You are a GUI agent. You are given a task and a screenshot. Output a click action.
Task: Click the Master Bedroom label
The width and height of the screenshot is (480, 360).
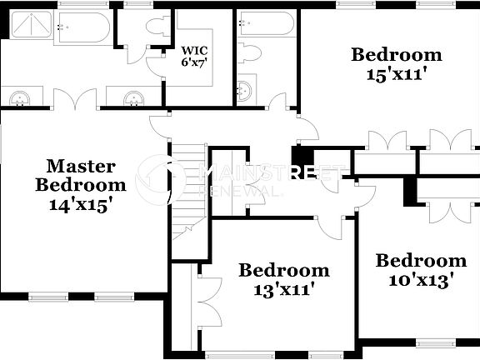coord(81,175)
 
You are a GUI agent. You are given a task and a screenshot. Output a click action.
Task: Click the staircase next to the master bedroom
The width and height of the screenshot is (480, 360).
coord(188,192)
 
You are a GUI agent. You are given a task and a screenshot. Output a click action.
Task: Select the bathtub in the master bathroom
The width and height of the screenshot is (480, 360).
coord(82,28)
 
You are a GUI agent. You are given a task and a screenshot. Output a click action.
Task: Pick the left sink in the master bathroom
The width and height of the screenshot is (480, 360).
coord(19,99)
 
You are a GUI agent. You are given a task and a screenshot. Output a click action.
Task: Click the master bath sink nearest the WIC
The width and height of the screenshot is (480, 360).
coord(133,99)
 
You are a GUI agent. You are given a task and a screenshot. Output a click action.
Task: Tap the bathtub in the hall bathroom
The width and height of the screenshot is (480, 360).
coord(264,23)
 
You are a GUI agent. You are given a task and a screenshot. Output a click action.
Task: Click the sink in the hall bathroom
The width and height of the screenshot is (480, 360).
coord(245,90)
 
